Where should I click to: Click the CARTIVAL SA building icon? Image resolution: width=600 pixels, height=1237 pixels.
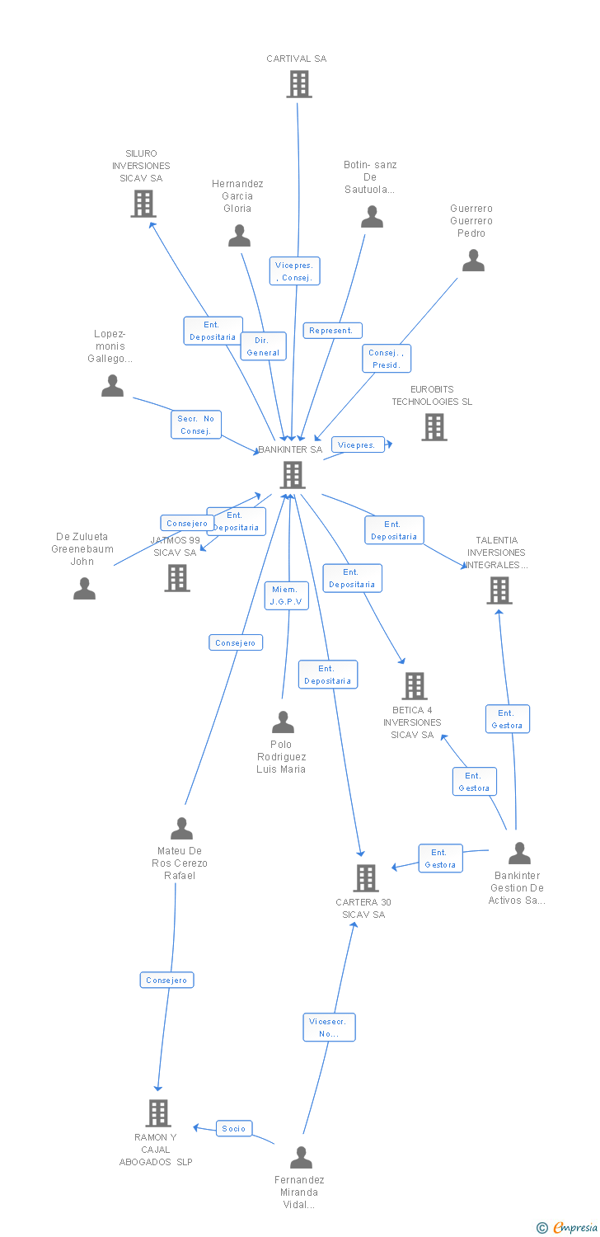click(298, 84)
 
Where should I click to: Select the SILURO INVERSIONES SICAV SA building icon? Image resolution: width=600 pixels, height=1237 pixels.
click(143, 204)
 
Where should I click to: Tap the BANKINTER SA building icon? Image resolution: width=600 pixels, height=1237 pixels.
click(292, 474)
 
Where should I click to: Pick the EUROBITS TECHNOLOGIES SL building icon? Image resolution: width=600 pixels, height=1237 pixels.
click(434, 427)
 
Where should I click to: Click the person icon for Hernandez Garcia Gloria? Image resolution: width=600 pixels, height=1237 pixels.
click(239, 236)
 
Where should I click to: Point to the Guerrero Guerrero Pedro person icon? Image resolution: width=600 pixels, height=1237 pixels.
click(473, 261)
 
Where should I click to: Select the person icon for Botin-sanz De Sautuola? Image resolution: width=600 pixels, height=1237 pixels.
click(372, 217)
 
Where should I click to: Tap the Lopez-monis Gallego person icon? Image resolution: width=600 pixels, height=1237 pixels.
click(112, 385)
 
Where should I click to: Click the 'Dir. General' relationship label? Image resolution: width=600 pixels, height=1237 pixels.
click(263, 346)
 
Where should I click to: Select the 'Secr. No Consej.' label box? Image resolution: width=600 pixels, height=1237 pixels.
click(196, 425)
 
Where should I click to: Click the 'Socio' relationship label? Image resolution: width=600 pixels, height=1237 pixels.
click(233, 1128)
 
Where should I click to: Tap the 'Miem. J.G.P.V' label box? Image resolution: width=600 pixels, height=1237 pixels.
click(286, 595)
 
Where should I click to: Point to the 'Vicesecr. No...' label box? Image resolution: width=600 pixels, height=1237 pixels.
click(329, 1027)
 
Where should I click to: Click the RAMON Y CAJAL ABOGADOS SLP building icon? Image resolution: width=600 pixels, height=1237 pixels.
click(157, 1113)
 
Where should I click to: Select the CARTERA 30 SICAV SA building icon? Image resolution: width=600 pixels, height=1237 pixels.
click(365, 878)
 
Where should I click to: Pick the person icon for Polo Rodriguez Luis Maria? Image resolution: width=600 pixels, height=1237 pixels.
click(283, 722)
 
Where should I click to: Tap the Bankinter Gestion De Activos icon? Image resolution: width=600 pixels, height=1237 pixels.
click(519, 853)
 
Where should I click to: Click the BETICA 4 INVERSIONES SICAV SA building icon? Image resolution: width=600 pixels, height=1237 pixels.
click(414, 686)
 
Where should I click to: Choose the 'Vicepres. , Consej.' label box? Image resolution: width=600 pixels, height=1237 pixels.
click(295, 271)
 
